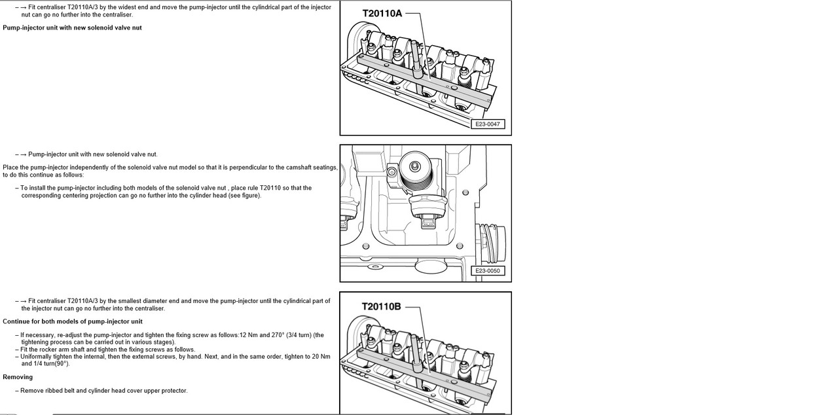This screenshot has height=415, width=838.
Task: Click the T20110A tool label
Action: click(382, 13)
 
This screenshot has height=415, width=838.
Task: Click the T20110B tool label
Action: click(382, 306)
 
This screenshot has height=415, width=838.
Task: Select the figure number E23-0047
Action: click(488, 124)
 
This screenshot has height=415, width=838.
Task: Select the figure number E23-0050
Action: click(488, 270)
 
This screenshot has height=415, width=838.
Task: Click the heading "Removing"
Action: click(18, 377)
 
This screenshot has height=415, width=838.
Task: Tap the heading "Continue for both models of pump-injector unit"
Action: click(73, 321)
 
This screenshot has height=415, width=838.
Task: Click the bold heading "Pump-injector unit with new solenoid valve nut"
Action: click(72, 28)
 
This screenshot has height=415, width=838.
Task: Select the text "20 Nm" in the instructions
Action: click(321, 357)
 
